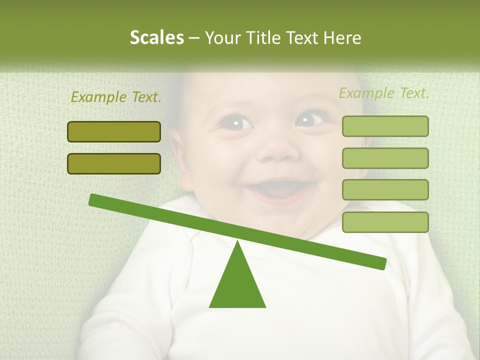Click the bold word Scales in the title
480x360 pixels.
(x=156, y=37)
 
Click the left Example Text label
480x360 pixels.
(x=116, y=97)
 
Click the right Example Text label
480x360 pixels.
(x=384, y=93)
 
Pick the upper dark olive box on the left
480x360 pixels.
(x=114, y=131)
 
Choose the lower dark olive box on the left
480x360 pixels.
(x=114, y=163)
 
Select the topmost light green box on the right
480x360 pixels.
(x=385, y=126)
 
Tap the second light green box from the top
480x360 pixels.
(x=385, y=158)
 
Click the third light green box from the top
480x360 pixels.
(x=385, y=189)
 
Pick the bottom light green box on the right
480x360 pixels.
(x=385, y=222)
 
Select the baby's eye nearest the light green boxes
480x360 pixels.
(x=309, y=120)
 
